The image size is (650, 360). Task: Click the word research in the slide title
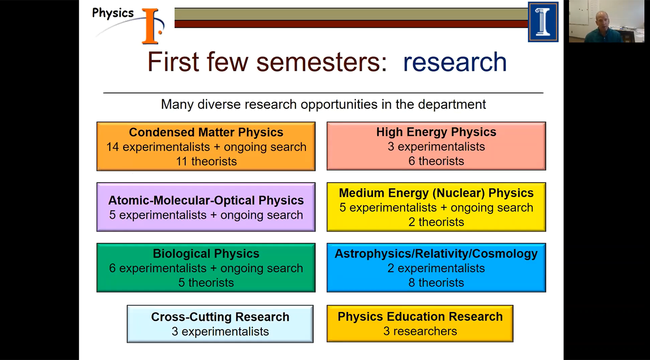click(454, 63)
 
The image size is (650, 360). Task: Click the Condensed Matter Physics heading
click(206, 132)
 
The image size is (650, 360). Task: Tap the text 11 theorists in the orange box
click(206, 162)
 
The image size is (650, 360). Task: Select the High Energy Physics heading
click(436, 132)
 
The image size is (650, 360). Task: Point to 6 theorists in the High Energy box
click(436, 162)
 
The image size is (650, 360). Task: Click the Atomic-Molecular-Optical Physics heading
click(206, 200)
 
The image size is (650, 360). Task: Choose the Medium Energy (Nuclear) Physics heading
click(436, 193)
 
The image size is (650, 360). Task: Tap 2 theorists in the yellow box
click(436, 222)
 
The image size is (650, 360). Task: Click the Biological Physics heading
click(206, 254)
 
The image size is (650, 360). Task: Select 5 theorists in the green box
click(206, 283)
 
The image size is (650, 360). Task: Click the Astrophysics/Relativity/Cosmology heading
click(436, 254)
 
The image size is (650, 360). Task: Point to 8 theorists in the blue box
click(436, 283)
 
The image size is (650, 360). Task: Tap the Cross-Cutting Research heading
click(220, 317)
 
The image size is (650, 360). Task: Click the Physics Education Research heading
click(420, 316)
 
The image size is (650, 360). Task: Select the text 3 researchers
click(420, 331)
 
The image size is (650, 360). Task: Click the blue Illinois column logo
click(543, 22)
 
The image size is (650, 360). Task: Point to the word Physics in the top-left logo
click(113, 13)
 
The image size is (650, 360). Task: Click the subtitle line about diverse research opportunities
click(323, 105)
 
